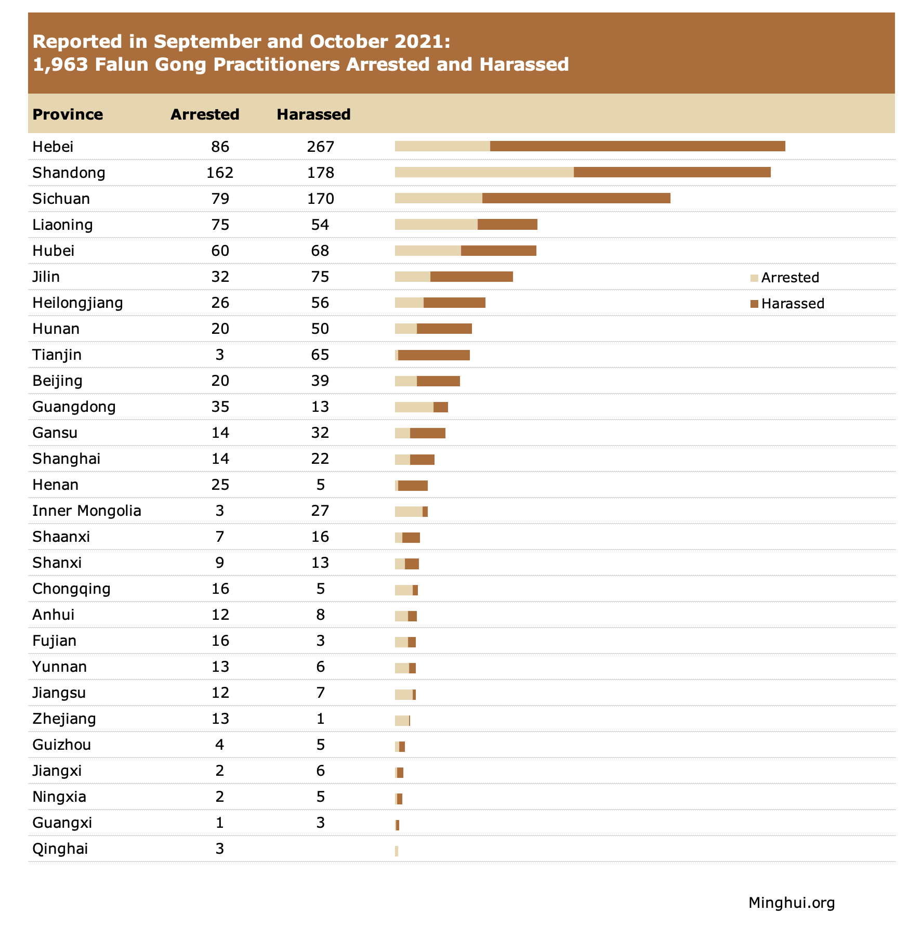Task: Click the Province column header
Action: (x=68, y=114)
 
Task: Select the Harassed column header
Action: (x=313, y=114)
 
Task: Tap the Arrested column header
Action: (x=205, y=114)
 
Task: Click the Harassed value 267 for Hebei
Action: (x=320, y=147)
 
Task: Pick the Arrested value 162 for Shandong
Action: (x=220, y=173)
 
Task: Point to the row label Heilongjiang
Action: (x=77, y=303)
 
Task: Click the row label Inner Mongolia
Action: (x=87, y=511)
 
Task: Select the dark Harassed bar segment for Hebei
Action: (x=638, y=146)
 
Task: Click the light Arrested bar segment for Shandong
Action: (x=484, y=172)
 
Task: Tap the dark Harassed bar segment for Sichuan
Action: (x=576, y=198)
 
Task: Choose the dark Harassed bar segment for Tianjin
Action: (x=434, y=355)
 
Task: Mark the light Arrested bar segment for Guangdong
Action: (x=414, y=407)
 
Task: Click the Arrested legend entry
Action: (x=785, y=278)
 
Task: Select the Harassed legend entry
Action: (x=787, y=304)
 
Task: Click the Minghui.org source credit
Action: (x=792, y=903)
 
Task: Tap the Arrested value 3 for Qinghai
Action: (x=220, y=849)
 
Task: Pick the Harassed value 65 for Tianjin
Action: (x=320, y=355)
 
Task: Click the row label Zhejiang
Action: (x=64, y=719)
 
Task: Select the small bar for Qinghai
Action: (x=397, y=851)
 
